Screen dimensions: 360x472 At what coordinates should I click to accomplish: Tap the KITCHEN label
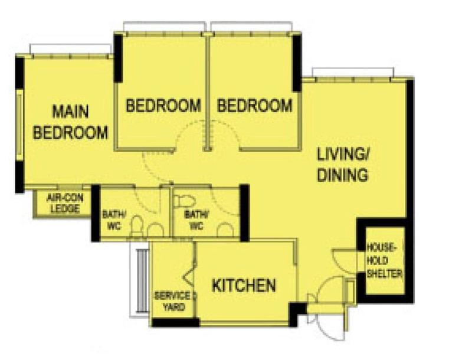click(x=244, y=286)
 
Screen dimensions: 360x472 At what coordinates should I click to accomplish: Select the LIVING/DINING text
click(x=343, y=166)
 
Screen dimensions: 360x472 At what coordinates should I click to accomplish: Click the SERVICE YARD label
click(x=172, y=301)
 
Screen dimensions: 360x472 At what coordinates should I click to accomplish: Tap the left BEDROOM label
click(x=163, y=106)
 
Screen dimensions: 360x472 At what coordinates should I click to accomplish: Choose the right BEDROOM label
click(x=255, y=106)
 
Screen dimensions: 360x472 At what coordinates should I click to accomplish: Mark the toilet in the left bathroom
click(x=136, y=225)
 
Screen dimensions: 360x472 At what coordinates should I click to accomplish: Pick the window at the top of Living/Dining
click(x=353, y=73)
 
